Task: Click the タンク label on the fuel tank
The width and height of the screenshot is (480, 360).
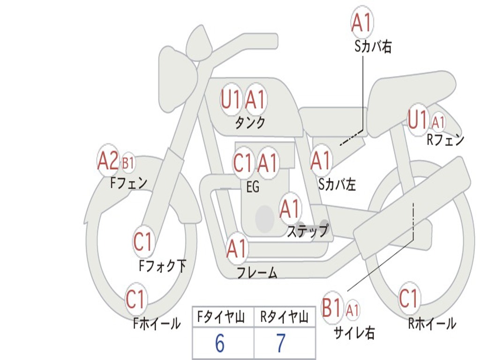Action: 250,123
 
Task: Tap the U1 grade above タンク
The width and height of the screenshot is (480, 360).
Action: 231,99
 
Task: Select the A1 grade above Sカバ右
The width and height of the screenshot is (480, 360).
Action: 362,22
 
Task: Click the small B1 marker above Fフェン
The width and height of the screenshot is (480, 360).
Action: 128,163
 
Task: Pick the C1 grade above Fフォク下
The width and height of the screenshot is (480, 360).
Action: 143,242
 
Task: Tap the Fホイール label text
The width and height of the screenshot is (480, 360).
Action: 157,323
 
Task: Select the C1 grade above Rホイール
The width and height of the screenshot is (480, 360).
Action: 408,298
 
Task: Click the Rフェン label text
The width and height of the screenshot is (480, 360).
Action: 445,140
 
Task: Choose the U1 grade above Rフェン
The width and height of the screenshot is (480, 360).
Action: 418,120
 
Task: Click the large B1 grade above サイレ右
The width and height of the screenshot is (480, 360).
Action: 332,308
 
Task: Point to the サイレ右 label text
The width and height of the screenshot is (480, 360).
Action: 354,332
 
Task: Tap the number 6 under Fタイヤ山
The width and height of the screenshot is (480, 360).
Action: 220,344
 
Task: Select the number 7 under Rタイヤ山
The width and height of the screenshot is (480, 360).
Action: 280,344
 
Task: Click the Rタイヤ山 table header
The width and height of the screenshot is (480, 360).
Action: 284,318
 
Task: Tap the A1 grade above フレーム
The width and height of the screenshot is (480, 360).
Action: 236,248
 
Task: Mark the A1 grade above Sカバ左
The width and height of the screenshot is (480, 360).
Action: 321,160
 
